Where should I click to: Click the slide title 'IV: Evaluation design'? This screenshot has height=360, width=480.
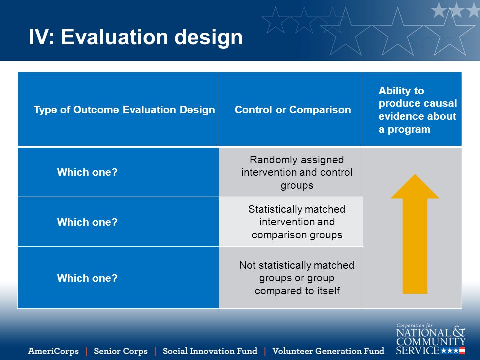pyautogui.click(x=136, y=37)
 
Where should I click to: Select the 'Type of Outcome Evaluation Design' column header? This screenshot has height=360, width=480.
pyautogui.click(x=124, y=110)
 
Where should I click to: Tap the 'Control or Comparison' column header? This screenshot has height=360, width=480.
pyautogui.click(x=293, y=110)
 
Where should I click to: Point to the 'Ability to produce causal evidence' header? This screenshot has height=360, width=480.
pyautogui.click(x=418, y=110)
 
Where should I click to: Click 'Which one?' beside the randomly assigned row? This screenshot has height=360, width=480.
pyautogui.click(x=87, y=172)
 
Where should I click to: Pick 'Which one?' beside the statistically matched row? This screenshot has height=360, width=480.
pyautogui.click(x=87, y=222)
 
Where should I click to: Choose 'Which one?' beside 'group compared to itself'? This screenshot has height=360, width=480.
pyautogui.click(x=87, y=278)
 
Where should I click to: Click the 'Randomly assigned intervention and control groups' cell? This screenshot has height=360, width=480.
pyautogui.click(x=297, y=172)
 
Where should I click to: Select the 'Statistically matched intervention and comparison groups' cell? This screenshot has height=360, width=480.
pyautogui.click(x=297, y=222)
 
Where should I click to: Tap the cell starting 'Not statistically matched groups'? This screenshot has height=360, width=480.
pyautogui.click(x=297, y=278)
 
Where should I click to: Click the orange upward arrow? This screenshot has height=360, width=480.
pyautogui.click(x=415, y=234)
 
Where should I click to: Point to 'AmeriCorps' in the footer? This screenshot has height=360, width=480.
pyautogui.click(x=53, y=351)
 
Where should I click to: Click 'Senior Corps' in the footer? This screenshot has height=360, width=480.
pyautogui.click(x=121, y=351)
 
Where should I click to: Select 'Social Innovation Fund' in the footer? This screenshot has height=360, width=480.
pyautogui.click(x=210, y=351)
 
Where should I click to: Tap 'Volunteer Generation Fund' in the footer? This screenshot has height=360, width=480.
pyautogui.click(x=328, y=351)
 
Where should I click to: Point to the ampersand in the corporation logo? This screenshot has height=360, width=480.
pyautogui.click(x=459, y=331)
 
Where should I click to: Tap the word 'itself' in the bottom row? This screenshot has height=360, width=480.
pyautogui.click(x=328, y=291)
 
